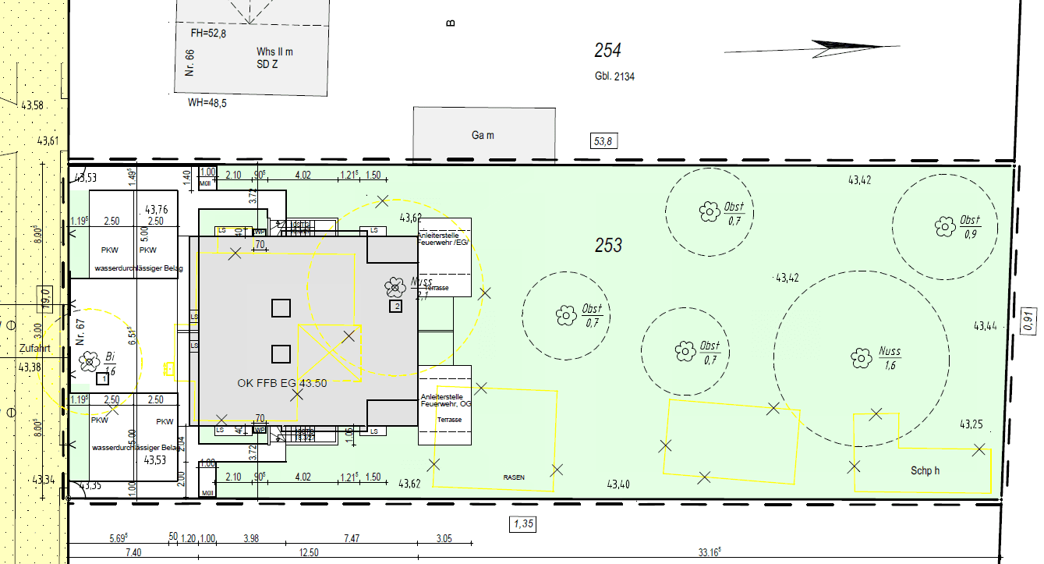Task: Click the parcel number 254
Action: (x=608, y=51)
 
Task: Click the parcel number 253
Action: (x=609, y=245)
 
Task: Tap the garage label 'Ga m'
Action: (x=483, y=136)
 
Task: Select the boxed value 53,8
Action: (x=603, y=141)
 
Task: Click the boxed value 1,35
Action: (x=524, y=524)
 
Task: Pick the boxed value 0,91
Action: (x=1029, y=320)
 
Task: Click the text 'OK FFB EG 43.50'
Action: (x=282, y=383)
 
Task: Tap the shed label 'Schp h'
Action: (x=925, y=471)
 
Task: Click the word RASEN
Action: (x=513, y=477)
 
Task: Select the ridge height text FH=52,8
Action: (x=208, y=34)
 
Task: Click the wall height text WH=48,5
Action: (x=207, y=103)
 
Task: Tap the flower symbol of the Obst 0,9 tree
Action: (x=944, y=227)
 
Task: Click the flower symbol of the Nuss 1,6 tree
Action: (x=862, y=358)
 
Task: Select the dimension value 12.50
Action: (x=309, y=553)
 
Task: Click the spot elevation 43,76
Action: (x=157, y=210)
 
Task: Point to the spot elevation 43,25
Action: (x=971, y=425)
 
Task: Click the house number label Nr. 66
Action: (x=189, y=63)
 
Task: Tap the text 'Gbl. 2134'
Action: (x=614, y=76)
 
